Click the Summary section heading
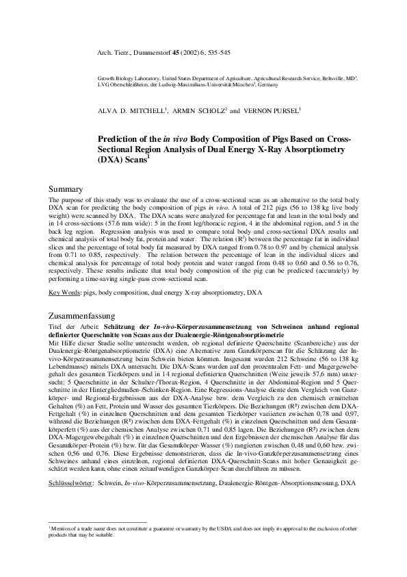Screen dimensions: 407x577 tap(66, 188)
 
